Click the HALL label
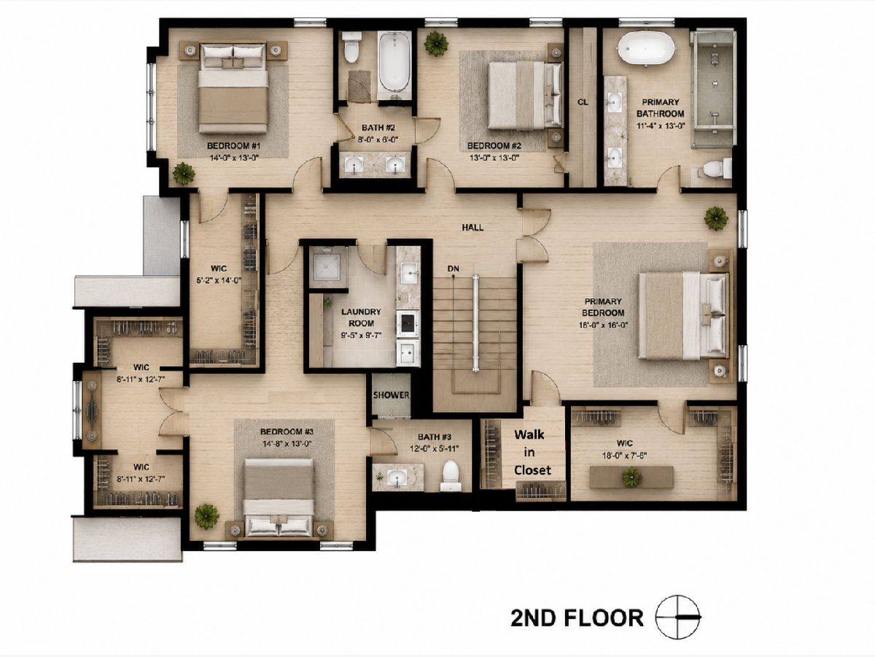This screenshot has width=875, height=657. point(472,227)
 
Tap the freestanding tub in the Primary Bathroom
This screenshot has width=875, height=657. point(647,47)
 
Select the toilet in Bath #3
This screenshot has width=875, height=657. point(451,475)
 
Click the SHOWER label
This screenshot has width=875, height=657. point(391,395)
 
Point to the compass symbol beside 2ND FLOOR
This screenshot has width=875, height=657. point(677,617)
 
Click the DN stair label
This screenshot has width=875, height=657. point(454,269)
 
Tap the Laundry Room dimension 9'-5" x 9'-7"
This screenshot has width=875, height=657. point(361,336)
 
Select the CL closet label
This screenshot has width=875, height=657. point(583,102)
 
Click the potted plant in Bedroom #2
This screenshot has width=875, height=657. point(437,44)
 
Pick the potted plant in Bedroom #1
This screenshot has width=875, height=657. point(184,173)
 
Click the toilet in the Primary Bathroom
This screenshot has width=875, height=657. point(716,169)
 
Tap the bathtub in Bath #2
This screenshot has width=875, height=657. point(394,63)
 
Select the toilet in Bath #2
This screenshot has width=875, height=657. point(351,47)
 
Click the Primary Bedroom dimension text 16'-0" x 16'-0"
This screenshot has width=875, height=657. point(603,325)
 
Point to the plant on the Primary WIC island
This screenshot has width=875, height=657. point(632,477)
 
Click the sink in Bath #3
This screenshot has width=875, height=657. point(397,477)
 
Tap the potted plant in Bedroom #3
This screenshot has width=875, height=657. point(207,517)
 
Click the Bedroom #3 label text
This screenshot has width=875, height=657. point(287,431)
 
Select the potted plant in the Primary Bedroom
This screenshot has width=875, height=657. point(716,218)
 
